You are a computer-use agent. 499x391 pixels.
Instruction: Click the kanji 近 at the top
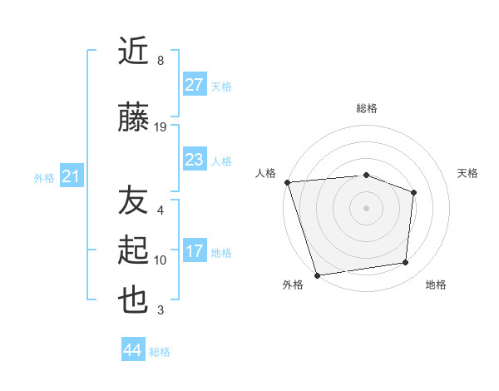pos(133,52)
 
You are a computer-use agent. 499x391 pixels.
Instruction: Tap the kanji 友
pos(133,202)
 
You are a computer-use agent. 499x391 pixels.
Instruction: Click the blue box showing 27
pos(194,85)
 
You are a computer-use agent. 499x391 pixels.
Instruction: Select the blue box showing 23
pos(194,160)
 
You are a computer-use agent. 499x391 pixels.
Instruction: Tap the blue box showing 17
pos(194,251)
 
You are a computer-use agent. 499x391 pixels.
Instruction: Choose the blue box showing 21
pos(71,176)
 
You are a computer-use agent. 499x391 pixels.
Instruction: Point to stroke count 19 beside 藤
pos(161,127)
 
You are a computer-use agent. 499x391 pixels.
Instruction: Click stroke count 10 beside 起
pos(161,260)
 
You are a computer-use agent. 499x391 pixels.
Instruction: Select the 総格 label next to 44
pos(160,352)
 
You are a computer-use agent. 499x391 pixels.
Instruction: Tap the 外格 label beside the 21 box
pos(44,177)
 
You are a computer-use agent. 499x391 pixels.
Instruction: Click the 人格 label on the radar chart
pos(266,173)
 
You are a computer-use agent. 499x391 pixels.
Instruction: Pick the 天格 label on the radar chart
pos(468,173)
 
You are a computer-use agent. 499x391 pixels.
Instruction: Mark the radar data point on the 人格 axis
pos(287,182)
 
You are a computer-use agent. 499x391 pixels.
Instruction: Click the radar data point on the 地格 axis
pos(406,263)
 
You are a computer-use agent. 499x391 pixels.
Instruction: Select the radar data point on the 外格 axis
pos(317,275)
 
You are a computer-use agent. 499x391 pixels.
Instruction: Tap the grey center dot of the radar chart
pos(366,207)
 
